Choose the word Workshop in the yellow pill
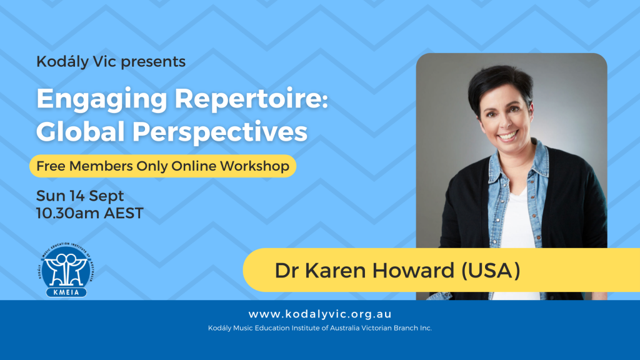[254, 166]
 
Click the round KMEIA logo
[66, 269]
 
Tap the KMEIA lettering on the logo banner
[66, 292]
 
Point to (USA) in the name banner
[491, 270]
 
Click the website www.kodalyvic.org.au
[320, 314]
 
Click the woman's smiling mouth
[507, 135]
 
